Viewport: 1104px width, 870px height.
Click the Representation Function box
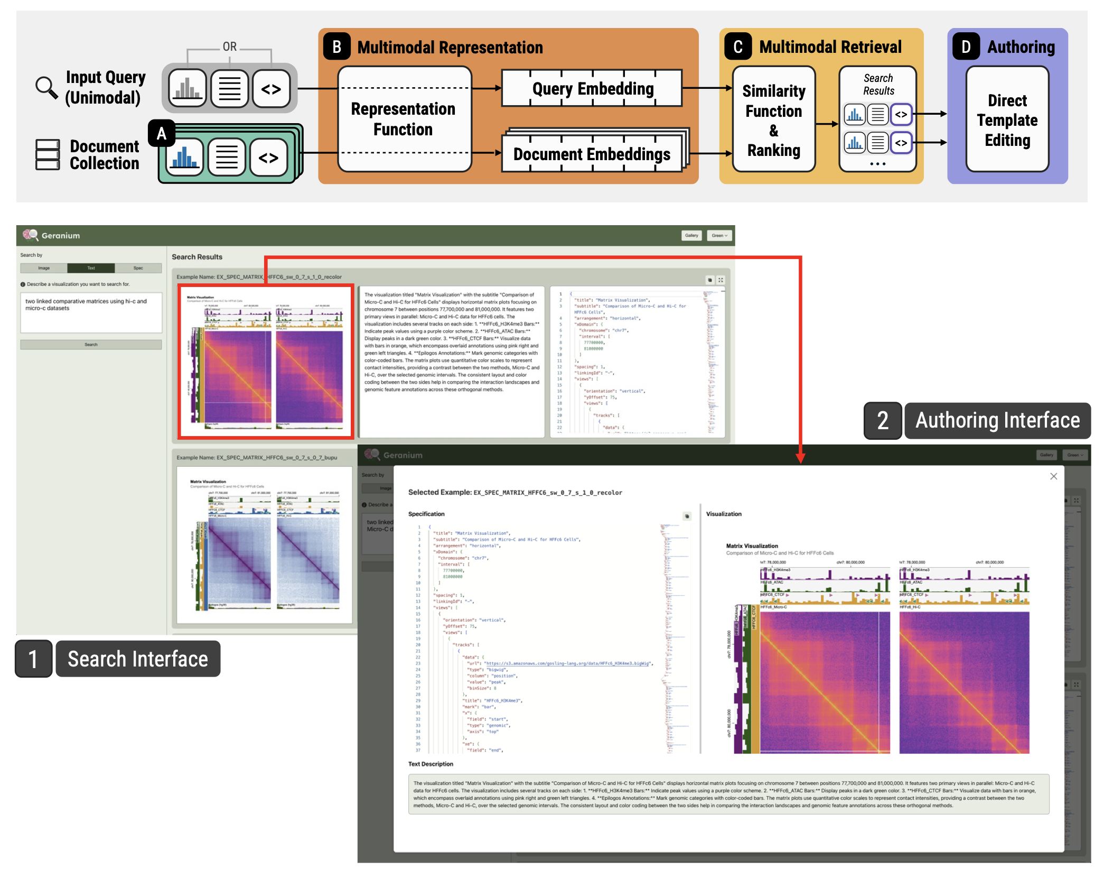tap(404, 119)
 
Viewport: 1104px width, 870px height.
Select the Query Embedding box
tap(592, 88)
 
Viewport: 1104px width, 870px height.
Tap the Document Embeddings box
tap(592, 154)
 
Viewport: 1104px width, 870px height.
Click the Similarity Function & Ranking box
tap(773, 120)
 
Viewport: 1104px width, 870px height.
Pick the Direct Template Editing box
tap(1007, 120)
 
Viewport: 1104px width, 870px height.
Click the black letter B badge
tap(336, 47)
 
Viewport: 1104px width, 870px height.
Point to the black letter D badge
tap(966, 47)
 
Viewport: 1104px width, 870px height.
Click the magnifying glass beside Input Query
tap(46, 88)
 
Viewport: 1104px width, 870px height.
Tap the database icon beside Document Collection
tap(48, 154)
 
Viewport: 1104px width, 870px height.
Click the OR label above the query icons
tap(230, 47)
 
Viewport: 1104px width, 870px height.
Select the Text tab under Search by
tap(91, 268)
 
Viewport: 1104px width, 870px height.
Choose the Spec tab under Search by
tap(138, 268)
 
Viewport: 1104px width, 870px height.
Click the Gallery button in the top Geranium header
tap(691, 236)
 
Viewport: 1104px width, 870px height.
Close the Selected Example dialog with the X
tap(1053, 476)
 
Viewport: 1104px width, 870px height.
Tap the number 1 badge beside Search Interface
tap(33, 659)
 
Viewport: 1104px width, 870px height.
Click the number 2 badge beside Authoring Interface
tap(882, 421)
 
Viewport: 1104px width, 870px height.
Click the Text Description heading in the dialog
tap(431, 764)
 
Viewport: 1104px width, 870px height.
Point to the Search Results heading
tap(197, 257)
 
